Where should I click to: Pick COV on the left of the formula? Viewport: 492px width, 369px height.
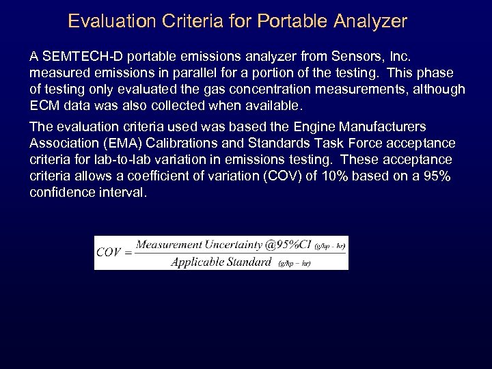[109, 251]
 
